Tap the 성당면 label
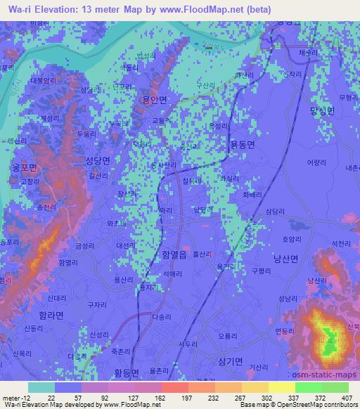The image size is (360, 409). pos(98,160)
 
